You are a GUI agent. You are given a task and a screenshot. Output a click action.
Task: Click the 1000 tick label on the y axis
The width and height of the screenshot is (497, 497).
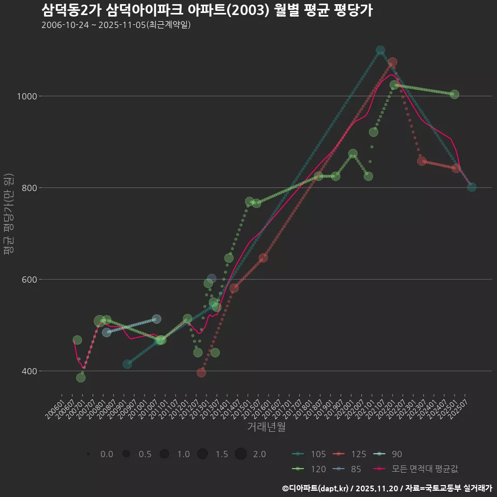tap(26, 96)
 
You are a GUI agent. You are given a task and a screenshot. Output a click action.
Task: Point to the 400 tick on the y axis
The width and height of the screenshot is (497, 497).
tap(28, 371)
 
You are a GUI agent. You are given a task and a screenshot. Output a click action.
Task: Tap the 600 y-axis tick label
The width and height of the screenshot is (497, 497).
tap(28, 280)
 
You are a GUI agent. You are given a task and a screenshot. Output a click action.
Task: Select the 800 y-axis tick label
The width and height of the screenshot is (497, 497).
tap(28, 188)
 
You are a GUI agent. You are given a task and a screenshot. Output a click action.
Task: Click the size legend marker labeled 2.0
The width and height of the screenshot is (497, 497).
tap(240, 454)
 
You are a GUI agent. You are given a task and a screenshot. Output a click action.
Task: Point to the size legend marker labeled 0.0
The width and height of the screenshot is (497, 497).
tap(89, 454)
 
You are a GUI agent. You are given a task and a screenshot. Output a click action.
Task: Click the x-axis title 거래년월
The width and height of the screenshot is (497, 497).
tap(266, 427)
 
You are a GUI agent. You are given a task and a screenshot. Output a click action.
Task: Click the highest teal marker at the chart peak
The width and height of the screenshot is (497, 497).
tap(381, 50)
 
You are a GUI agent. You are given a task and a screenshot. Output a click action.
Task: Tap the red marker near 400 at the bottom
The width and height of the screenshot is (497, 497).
tap(201, 373)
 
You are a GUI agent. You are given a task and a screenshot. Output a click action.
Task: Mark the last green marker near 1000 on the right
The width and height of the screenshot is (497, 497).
tap(454, 94)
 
